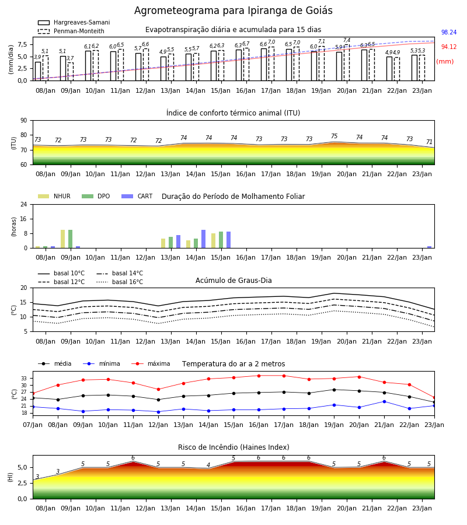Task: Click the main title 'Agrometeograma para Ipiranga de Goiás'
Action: (x=233, y=10)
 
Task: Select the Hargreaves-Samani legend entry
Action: (x=74, y=22)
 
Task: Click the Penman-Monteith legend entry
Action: (x=71, y=31)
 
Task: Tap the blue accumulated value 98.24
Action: (x=449, y=33)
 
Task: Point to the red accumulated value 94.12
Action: (x=449, y=47)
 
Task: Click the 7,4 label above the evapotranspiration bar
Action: (x=347, y=40)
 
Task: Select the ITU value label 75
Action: (x=334, y=136)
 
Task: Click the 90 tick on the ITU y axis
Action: (x=24, y=121)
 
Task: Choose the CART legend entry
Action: (x=137, y=196)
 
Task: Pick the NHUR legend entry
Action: (x=54, y=196)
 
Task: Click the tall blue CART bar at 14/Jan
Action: (x=203, y=239)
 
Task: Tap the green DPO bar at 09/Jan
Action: (x=71, y=239)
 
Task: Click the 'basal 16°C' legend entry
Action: (x=120, y=282)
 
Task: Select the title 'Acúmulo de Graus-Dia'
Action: (x=233, y=281)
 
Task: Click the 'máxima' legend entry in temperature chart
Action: (x=151, y=363)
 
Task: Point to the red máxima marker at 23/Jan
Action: (x=434, y=398)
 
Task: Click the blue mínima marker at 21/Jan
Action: (x=384, y=401)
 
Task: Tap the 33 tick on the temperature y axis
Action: (x=24, y=379)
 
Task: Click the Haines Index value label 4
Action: (x=208, y=465)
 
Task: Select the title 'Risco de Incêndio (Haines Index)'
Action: (x=233, y=447)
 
